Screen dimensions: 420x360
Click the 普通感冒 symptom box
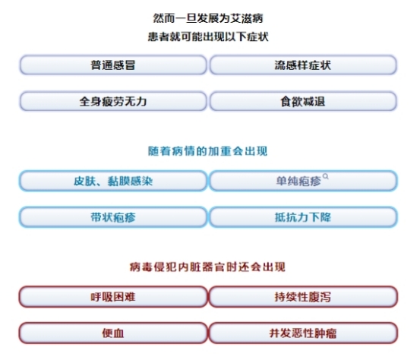coord(113,65)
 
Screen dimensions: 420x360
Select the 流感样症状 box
coord(303,65)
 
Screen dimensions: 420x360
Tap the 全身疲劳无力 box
coord(113,101)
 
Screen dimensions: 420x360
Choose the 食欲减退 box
coord(303,101)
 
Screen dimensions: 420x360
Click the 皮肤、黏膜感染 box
coord(113,181)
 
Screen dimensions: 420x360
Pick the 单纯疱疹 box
coord(303,181)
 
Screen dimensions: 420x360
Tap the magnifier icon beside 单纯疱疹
coord(326,176)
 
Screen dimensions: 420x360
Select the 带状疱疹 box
coord(113,217)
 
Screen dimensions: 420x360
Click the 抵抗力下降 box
coord(303,217)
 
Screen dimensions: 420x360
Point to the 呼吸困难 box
coord(113,296)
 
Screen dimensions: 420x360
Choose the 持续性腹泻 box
coord(303,296)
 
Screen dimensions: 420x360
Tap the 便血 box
coord(113,333)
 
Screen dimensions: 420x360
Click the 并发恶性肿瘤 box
coord(303,333)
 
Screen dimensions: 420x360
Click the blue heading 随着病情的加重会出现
coord(207,151)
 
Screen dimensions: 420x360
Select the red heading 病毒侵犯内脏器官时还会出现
coord(207,267)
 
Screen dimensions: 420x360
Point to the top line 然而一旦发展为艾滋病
coord(208,18)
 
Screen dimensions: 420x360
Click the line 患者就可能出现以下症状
coord(208,36)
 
